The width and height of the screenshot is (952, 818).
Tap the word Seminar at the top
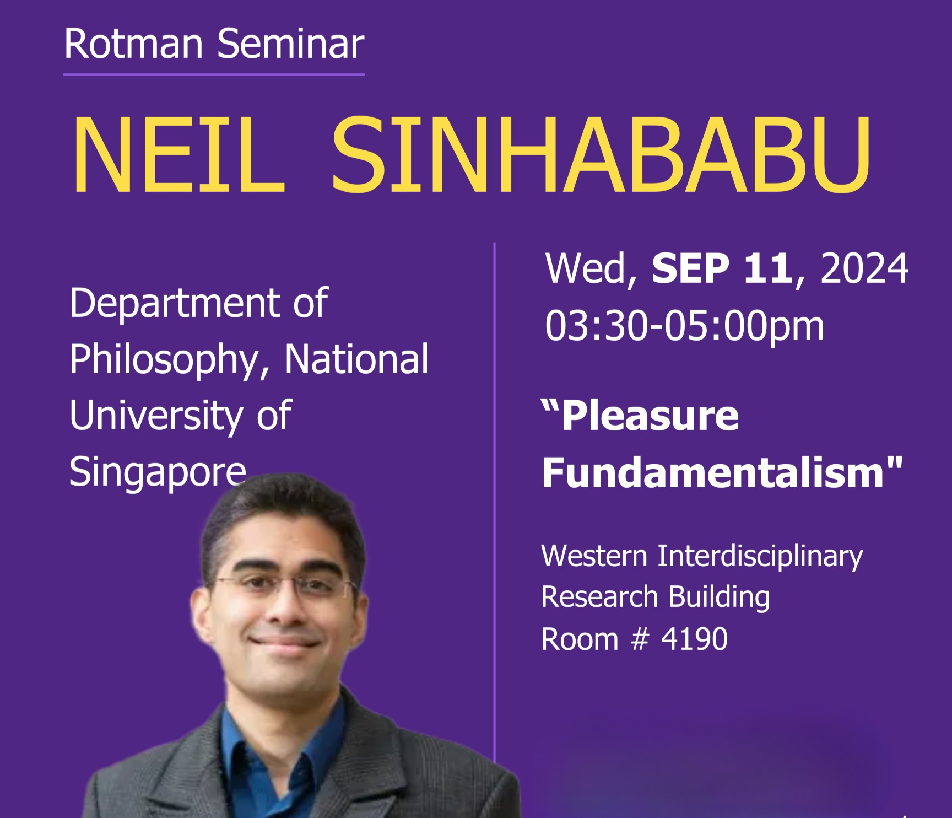point(290,44)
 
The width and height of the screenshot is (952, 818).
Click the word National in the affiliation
point(356,359)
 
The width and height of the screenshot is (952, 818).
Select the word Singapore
point(158,473)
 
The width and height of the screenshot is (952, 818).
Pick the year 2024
point(864,269)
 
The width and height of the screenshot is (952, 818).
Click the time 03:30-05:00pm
point(684,326)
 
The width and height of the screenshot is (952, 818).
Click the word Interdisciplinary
point(760,556)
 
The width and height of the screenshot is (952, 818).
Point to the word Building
point(720,598)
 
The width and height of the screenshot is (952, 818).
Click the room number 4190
point(694,639)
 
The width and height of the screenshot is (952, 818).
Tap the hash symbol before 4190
point(640,639)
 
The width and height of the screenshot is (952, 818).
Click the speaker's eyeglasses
point(285,588)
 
